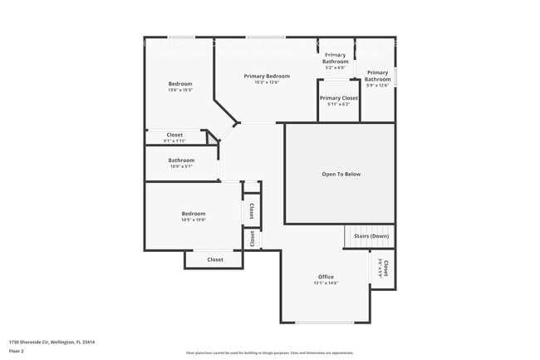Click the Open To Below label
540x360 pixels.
click(341, 174)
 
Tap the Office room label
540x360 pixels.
click(326, 277)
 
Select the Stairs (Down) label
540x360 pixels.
click(371, 236)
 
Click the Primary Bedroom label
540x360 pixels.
click(267, 76)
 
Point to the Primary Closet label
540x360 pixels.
click(339, 98)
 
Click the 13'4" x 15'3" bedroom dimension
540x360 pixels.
click(180, 90)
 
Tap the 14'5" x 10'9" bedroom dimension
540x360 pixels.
click(194, 219)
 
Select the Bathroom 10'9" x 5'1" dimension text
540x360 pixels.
click(181, 166)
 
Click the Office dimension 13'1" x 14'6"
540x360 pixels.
click(326, 284)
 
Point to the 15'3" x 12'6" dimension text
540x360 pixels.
click(267, 82)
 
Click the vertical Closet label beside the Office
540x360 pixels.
click(385, 269)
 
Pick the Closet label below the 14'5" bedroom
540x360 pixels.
click(215, 259)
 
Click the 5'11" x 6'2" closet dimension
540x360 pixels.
click(339, 104)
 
